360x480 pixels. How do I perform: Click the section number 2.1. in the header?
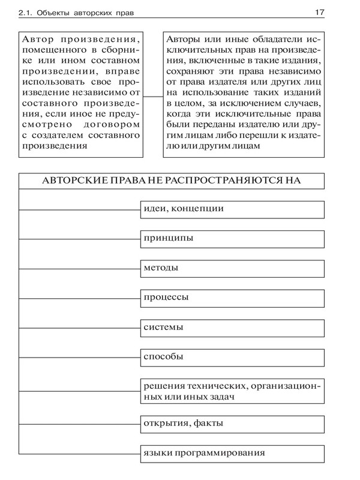pyautogui.click(x=29, y=12)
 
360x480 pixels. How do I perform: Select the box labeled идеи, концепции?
pyautogui.click(x=233, y=209)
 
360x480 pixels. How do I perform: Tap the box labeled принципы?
pyautogui.click(x=233, y=238)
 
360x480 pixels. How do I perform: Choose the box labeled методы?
pyautogui.click(x=233, y=268)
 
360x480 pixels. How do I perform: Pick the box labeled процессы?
pyautogui.click(x=233, y=298)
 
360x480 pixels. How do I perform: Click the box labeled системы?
pyautogui.click(x=233, y=328)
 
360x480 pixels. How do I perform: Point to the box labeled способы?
pyautogui.click(x=233, y=357)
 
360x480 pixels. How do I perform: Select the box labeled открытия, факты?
pyautogui.click(x=233, y=424)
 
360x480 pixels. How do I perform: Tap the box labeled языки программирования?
pyautogui.click(x=233, y=453)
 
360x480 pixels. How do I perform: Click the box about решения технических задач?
pyautogui.click(x=233, y=391)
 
